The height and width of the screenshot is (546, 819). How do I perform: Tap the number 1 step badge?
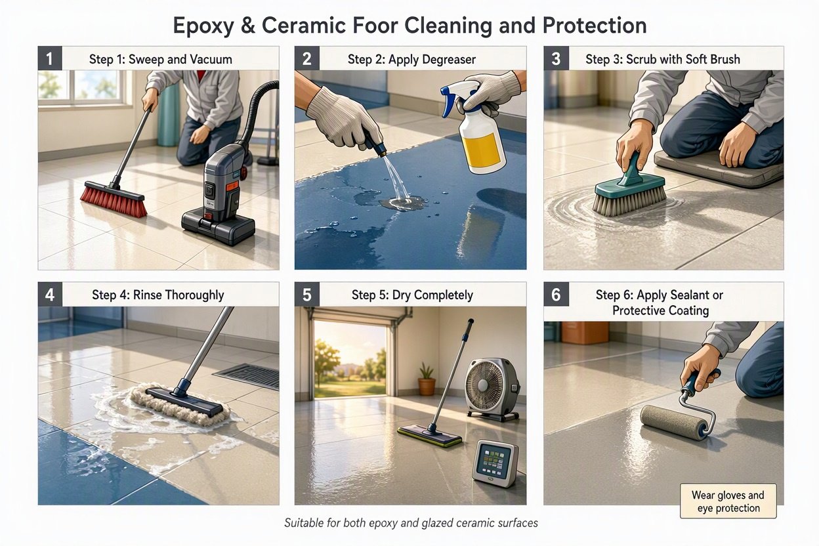50,58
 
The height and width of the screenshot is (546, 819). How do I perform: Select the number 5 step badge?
306,295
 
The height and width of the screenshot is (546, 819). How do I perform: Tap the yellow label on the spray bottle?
482,149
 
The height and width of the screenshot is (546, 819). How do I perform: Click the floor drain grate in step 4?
249,375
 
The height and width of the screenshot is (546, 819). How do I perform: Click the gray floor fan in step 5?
492,389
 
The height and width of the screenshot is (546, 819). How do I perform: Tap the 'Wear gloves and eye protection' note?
728,501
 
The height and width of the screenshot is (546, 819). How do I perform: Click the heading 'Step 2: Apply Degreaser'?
411,59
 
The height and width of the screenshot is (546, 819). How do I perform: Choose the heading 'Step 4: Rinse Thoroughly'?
158,295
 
